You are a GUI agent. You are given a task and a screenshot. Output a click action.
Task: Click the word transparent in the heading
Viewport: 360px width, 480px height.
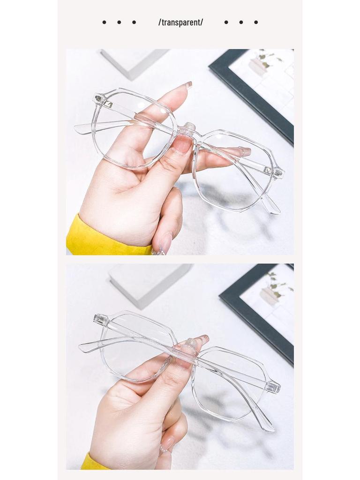(x=180, y=22)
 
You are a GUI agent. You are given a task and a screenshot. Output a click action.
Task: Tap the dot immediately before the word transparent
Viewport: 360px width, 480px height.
(x=134, y=22)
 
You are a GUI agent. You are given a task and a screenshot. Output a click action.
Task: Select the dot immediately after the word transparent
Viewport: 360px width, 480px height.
(x=226, y=22)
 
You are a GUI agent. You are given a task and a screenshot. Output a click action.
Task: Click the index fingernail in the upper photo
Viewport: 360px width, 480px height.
(x=188, y=85)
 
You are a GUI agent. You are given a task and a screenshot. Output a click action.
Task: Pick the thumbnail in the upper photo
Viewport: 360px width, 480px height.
(x=181, y=144)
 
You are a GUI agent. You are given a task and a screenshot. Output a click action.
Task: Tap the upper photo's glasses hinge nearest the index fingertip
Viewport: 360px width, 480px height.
(x=99, y=98)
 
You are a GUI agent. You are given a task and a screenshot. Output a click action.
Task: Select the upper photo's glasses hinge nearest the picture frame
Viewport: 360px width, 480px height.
(x=278, y=172)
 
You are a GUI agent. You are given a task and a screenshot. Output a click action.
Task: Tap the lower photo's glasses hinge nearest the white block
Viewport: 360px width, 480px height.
(x=100, y=320)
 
